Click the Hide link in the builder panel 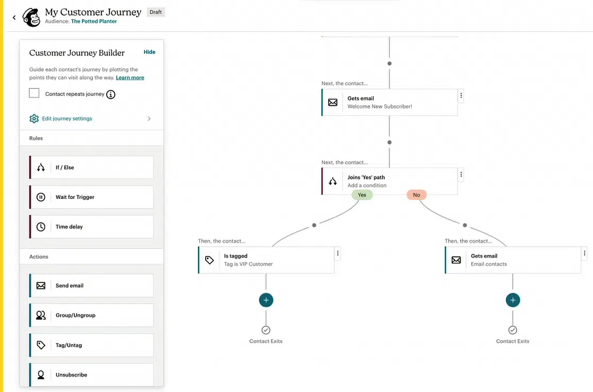(149, 52)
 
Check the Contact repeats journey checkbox (34, 93)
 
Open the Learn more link (130, 78)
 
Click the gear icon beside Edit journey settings (34, 119)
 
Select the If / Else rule (91, 168)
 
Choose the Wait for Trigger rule (91, 197)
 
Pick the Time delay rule (91, 227)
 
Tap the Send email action (91, 286)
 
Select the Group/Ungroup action (91, 315)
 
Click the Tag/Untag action (91, 345)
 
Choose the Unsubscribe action (91, 374)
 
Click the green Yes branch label (362, 195)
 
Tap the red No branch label (417, 195)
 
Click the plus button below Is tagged (266, 300)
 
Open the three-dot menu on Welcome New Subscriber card (461, 96)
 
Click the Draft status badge (156, 12)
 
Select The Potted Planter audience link (94, 21)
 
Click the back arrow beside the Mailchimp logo (14, 18)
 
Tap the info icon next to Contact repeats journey (111, 94)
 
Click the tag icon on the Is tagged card (209, 260)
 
